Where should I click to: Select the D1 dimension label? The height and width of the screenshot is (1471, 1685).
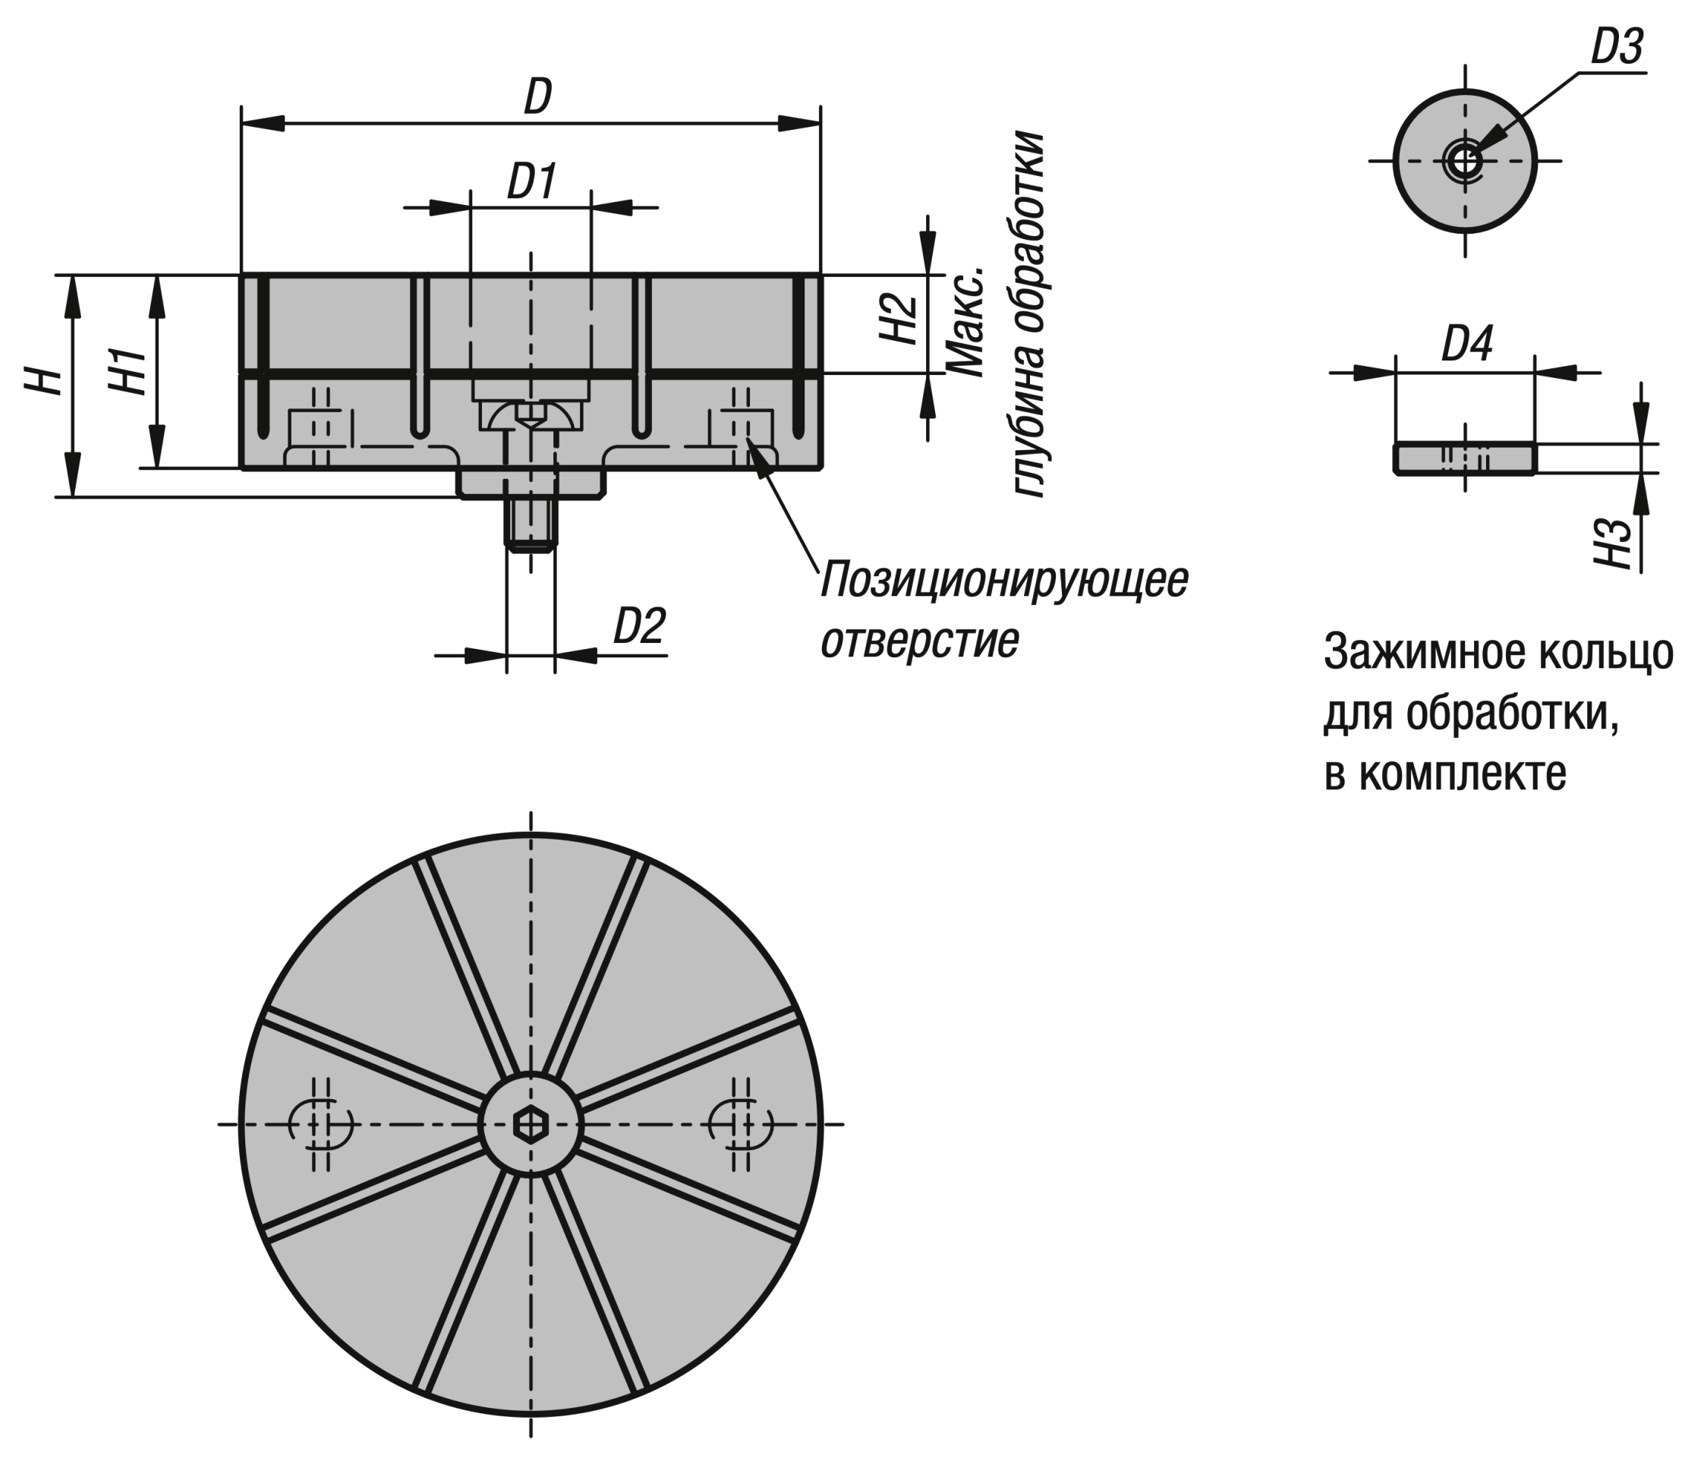coord(531,181)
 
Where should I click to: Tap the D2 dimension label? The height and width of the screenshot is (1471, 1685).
coord(639,627)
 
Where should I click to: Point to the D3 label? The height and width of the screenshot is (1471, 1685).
coord(1616,48)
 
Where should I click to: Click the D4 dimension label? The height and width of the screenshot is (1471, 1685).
coord(1466,344)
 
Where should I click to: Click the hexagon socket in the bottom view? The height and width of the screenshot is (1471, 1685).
coord(531,1125)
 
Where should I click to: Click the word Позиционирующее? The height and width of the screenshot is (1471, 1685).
coord(1003,581)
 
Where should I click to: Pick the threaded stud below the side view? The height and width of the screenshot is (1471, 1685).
coord(531,525)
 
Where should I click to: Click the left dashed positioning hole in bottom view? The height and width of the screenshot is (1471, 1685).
coord(321,1123)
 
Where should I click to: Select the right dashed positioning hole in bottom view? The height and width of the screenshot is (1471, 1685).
coord(741,1123)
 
